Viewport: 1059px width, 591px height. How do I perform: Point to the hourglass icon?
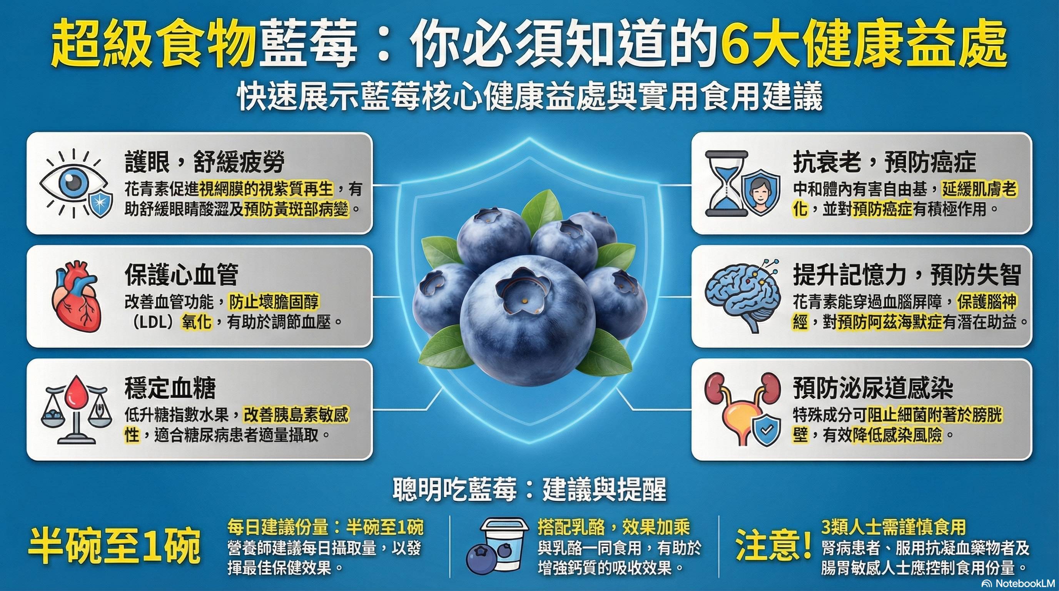pyautogui.click(x=727, y=183)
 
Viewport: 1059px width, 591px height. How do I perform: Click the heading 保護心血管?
pyautogui.click(x=181, y=275)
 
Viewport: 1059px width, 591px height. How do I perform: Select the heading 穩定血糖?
pyautogui.click(x=170, y=388)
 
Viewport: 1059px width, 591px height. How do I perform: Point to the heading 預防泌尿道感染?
pyautogui.click(x=873, y=388)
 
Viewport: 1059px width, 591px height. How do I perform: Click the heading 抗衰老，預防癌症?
pyautogui.click(x=885, y=162)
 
